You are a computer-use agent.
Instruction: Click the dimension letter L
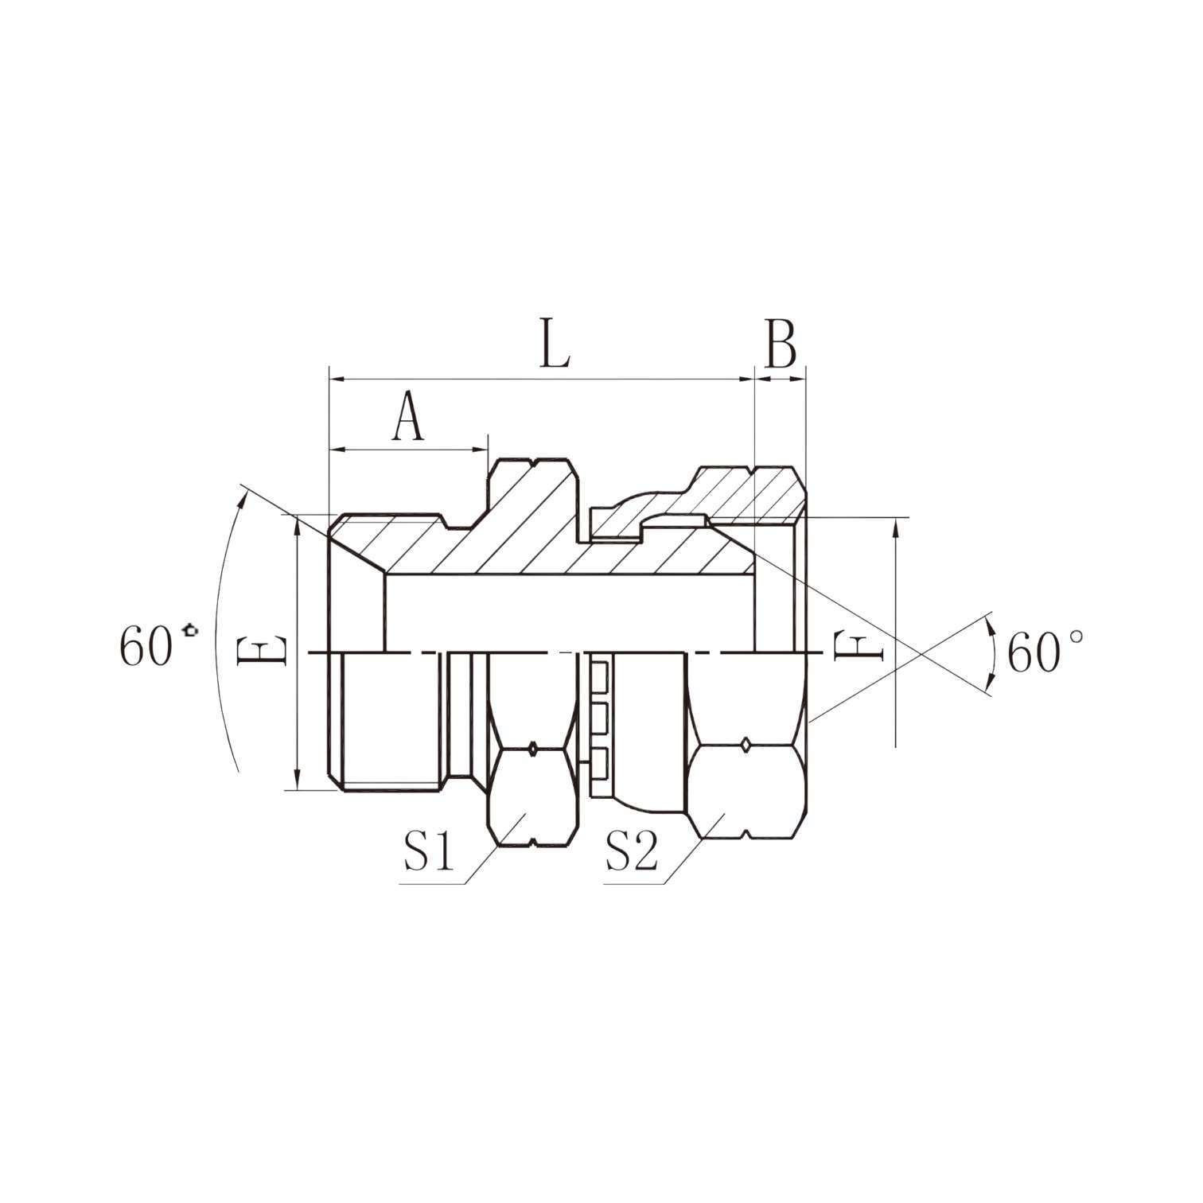tap(555, 344)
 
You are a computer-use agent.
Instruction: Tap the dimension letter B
tap(781, 345)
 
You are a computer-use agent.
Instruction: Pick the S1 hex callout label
tap(429, 853)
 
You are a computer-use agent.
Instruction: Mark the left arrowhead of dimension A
tap(337, 450)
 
